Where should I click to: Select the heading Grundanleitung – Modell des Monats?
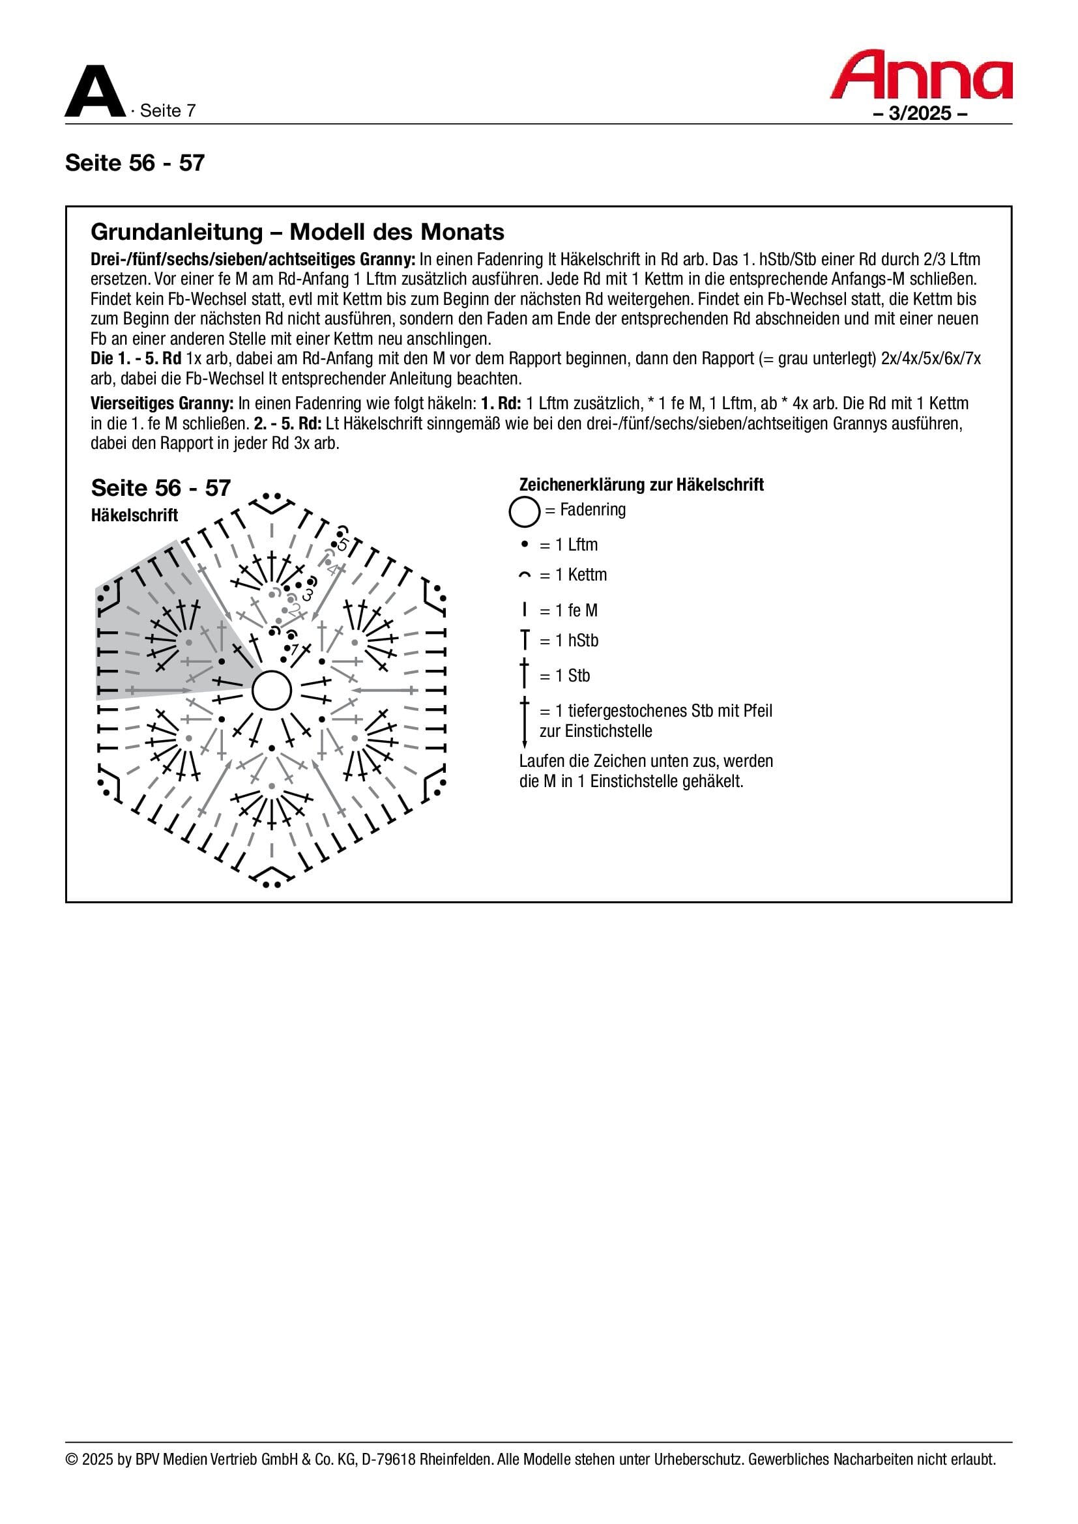click(x=297, y=232)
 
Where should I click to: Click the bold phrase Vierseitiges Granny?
click(x=162, y=403)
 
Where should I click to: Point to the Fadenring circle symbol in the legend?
click(x=524, y=511)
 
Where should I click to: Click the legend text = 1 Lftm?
click(x=568, y=545)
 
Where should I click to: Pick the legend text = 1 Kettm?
click(x=573, y=575)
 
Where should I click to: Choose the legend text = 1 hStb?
click(x=569, y=640)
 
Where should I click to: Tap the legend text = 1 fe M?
click(x=568, y=611)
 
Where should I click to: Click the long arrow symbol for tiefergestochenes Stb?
click(x=525, y=722)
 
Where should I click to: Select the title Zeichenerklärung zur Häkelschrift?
click(x=641, y=485)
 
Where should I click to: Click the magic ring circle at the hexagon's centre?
click(x=272, y=691)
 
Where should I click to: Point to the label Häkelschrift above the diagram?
click(x=134, y=515)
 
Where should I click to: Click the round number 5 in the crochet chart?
click(x=343, y=544)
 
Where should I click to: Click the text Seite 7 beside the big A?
click(x=168, y=111)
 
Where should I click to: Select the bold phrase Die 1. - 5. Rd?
click(x=136, y=359)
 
